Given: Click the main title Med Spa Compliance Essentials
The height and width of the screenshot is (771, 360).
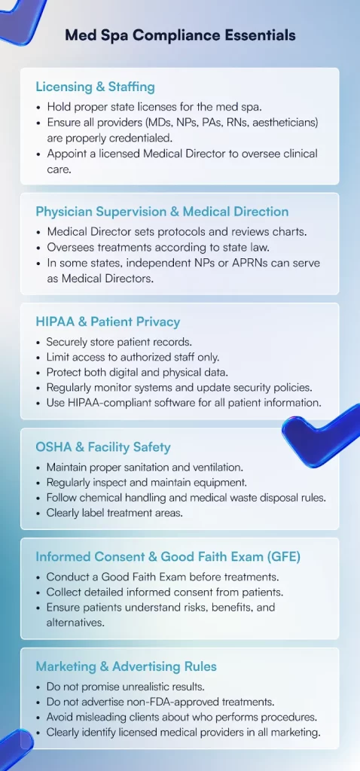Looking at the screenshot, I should [x=180, y=35].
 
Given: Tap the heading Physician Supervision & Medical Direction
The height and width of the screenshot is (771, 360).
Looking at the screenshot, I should [x=162, y=212].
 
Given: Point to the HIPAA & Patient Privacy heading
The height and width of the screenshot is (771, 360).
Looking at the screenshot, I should [x=108, y=322].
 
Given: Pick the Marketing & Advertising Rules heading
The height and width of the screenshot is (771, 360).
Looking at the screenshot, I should [x=127, y=666].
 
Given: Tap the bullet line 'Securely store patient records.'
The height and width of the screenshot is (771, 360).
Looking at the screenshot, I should [x=119, y=341].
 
